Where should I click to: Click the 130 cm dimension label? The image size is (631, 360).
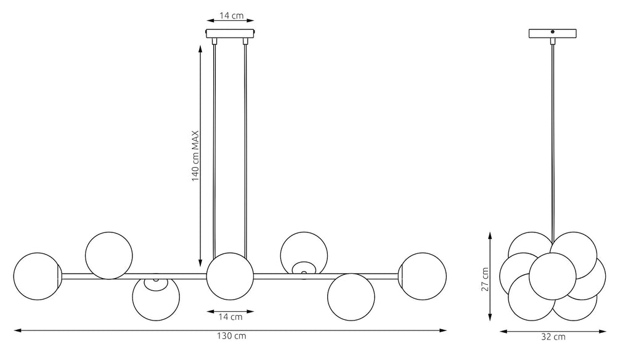(232, 336)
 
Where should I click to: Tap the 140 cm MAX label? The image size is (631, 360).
(195, 156)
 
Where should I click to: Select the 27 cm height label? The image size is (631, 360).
(486, 279)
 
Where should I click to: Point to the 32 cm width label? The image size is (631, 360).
(553, 337)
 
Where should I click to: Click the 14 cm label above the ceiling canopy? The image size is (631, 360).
(232, 15)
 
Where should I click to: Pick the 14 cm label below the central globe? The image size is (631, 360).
(230, 317)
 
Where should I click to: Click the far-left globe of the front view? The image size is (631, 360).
(37, 276)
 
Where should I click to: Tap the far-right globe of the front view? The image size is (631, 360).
(423, 276)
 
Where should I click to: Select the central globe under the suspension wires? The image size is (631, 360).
(230, 276)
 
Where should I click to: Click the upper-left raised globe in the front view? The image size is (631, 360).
(108, 255)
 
